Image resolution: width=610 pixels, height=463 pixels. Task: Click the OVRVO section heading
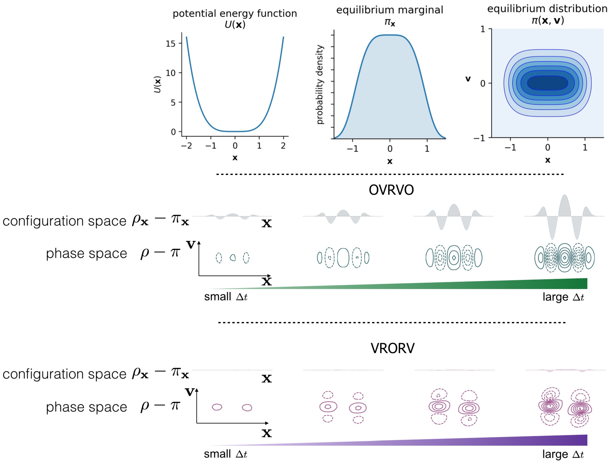[391, 190]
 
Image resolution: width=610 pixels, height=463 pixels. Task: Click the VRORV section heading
[392, 348]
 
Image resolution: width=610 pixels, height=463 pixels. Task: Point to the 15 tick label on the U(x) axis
[170, 43]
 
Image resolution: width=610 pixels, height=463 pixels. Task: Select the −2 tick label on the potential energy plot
[187, 146]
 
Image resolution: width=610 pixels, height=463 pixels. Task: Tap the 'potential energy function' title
[235, 13]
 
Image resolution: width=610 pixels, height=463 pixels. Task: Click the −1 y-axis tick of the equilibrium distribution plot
[480, 138]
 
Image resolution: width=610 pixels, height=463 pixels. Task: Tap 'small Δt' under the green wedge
[226, 297]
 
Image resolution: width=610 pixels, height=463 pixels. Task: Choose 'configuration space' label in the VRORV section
[64, 374]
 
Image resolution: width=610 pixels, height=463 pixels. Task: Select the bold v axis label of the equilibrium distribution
[468, 79]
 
